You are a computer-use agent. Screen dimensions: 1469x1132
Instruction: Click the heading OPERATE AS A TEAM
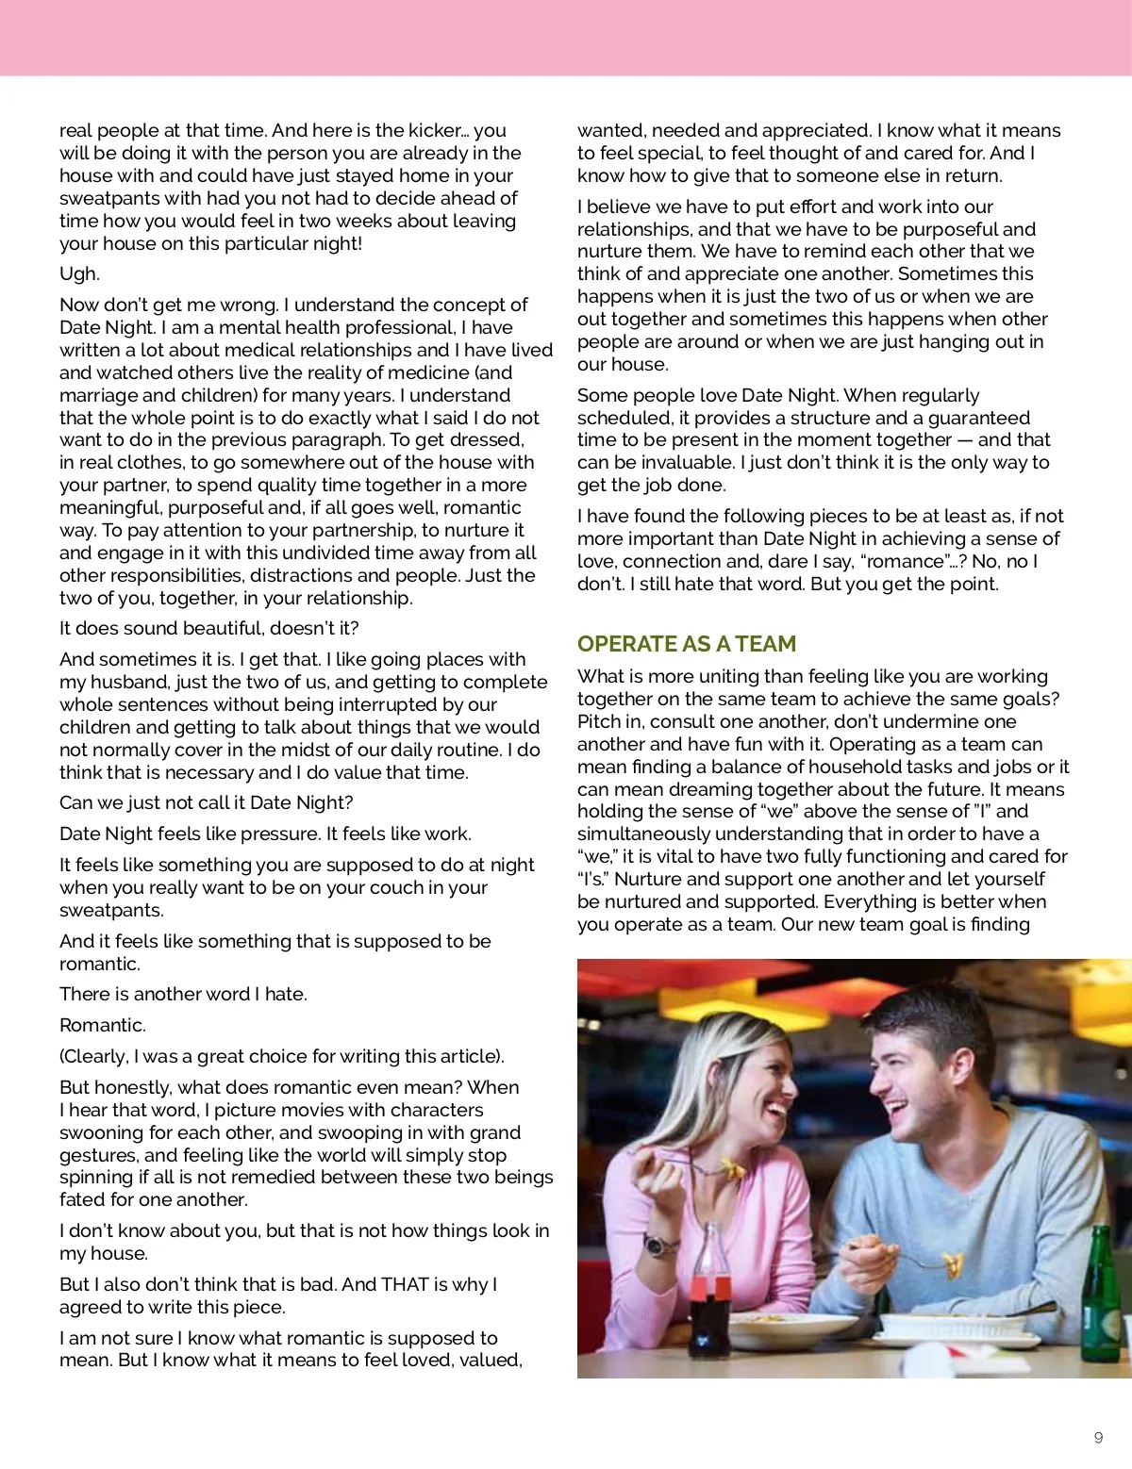tap(687, 644)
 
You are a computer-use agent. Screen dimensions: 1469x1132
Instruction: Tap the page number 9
tap(1098, 1437)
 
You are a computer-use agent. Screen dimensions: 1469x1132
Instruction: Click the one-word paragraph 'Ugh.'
tap(79, 274)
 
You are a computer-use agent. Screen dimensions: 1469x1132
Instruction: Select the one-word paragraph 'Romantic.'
tap(103, 1025)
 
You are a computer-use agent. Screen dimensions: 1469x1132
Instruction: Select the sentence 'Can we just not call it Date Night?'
tap(206, 803)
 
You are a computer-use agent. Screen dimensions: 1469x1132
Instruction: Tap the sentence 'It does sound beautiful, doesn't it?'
tap(208, 629)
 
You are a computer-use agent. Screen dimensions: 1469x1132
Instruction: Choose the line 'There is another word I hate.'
tap(183, 994)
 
